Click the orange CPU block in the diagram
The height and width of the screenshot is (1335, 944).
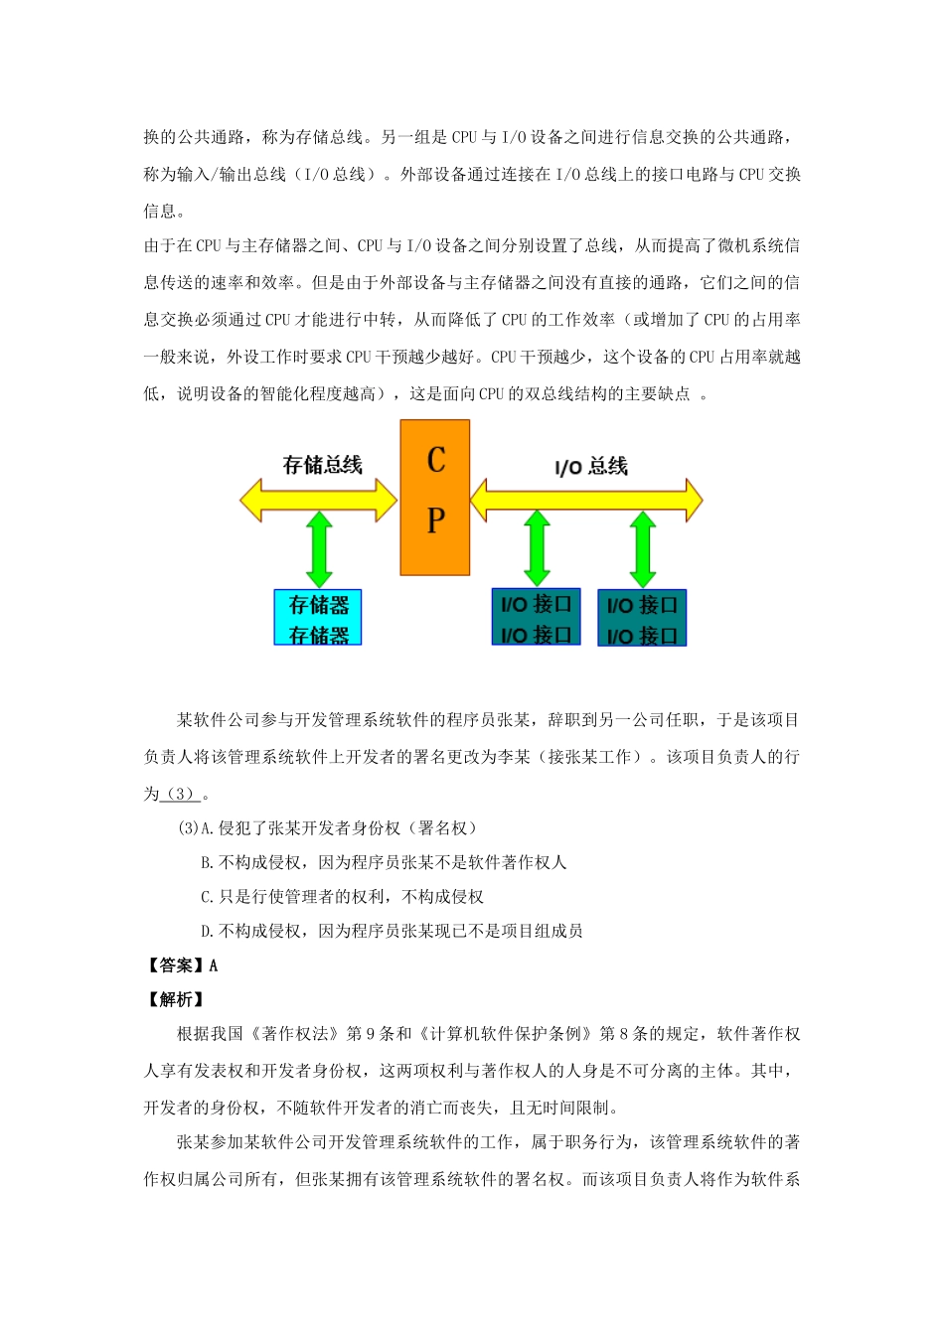point(435,497)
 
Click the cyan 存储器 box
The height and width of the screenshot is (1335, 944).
point(318,618)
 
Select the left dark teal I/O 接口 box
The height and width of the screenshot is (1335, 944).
point(536,618)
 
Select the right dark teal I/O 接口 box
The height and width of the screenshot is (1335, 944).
point(642,618)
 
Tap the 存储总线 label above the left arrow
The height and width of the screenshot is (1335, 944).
point(322,465)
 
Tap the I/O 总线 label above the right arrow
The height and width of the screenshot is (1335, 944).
point(591,466)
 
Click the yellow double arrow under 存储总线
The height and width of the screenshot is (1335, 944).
point(318,500)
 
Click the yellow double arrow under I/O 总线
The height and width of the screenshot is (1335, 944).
point(586,500)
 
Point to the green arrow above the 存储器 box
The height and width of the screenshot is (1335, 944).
point(319,549)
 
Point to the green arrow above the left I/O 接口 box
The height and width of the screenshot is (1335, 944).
point(537,549)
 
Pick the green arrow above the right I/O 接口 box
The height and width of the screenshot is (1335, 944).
point(643,549)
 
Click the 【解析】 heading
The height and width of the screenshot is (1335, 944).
point(176,999)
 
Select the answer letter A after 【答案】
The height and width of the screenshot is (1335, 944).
point(214,965)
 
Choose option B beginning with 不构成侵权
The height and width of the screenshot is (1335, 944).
point(384,862)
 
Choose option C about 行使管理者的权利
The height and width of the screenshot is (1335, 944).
point(342,897)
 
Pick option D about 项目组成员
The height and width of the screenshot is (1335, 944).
point(392,931)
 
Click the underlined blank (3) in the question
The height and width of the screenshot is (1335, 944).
point(180,794)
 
